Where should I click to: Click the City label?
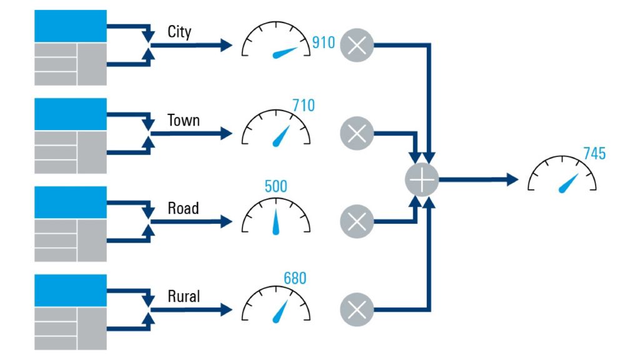tap(179, 31)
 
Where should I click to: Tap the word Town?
tap(183, 120)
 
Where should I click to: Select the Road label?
tap(183, 208)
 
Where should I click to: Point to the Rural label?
tap(184, 296)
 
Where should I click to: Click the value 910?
tap(324, 43)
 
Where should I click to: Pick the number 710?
tap(303, 106)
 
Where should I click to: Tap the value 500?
tap(276, 186)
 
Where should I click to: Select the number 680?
tap(295, 277)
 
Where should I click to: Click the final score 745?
tap(594, 154)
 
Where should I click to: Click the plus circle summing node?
tap(422, 180)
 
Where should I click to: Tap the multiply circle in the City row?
tap(357, 45)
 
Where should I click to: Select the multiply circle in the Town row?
tap(357, 133)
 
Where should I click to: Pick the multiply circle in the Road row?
tap(357, 221)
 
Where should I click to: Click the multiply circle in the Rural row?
tap(357, 309)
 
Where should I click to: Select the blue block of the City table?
tap(70, 26)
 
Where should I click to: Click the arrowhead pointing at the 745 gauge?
tap(512, 180)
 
